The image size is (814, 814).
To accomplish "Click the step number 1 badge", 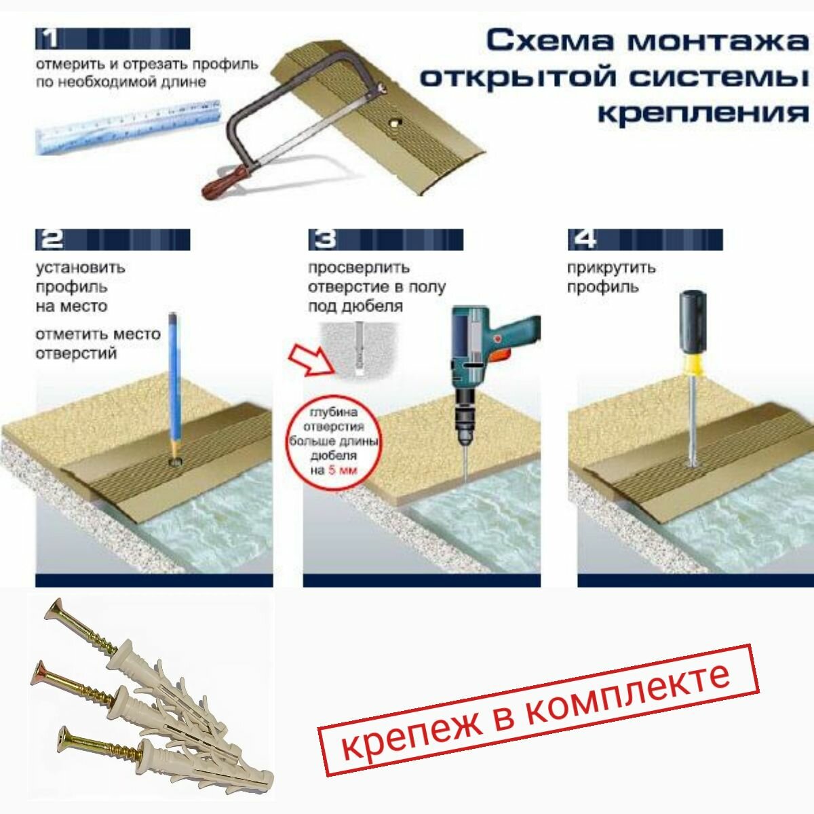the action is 113,39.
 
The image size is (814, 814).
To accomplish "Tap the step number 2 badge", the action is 113,239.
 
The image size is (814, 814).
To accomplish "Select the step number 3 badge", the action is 385,239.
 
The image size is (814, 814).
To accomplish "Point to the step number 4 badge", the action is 645,239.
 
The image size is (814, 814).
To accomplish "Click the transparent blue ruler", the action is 128,128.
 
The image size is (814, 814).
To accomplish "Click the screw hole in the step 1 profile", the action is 395,123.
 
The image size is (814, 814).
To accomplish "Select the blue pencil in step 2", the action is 174,385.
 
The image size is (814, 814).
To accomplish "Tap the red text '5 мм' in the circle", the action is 343,470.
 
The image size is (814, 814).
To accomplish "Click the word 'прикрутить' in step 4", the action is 611,268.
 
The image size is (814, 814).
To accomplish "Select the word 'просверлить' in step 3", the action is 359,268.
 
